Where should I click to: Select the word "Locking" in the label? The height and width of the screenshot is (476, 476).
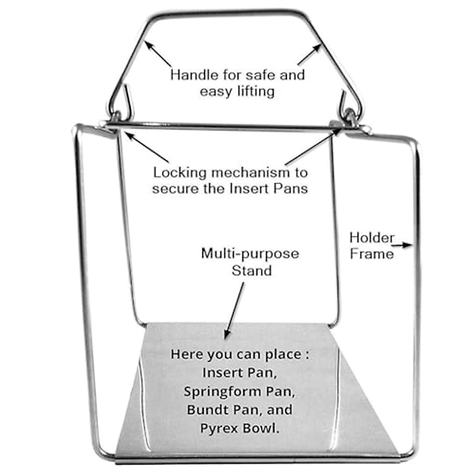[180, 173]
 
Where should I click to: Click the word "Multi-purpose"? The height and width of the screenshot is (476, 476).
[250, 253]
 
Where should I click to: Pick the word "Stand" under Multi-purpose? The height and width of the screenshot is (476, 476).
[251, 271]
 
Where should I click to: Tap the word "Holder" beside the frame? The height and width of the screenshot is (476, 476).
[372, 238]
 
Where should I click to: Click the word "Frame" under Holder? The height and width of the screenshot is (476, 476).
[372, 254]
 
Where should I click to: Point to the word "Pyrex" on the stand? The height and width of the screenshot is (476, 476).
[220, 428]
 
